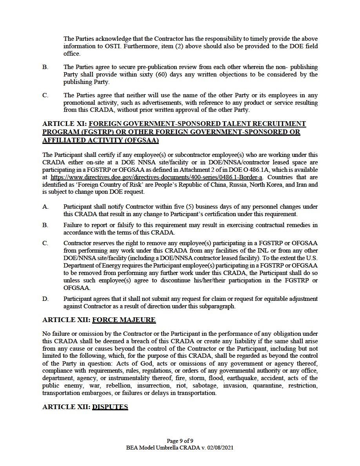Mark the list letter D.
[x=45, y=299]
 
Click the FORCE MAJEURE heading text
[x=124, y=320]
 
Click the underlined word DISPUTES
[x=110, y=407]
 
